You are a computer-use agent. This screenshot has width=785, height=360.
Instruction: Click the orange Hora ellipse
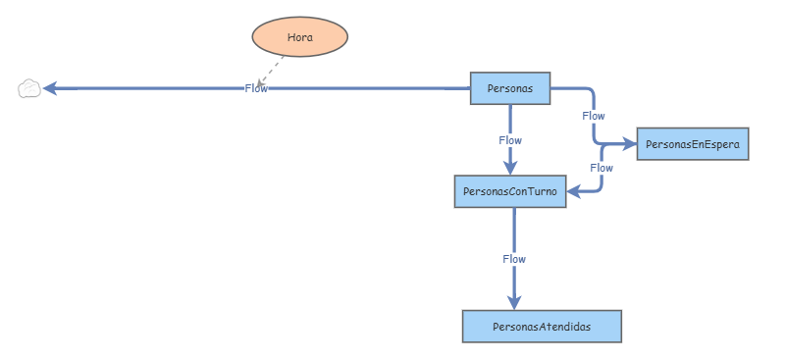click(x=300, y=37)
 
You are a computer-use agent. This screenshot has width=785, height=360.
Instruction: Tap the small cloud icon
click(x=29, y=89)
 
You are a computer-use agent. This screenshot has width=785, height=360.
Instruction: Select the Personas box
click(x=509, y=88)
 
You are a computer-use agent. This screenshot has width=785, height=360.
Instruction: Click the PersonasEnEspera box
click(x=694, y=144)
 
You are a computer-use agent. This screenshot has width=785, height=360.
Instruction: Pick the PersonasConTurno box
click(x=510, y=192)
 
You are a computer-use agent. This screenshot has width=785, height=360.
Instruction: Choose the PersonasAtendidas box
click(x=542, y=326)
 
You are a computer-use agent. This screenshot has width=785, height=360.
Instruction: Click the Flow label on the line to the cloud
click(x=256, y=88)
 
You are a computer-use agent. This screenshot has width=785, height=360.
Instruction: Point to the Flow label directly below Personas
click(x=510, y=140)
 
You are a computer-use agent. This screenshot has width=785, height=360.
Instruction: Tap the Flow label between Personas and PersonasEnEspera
click(x=594, y=116)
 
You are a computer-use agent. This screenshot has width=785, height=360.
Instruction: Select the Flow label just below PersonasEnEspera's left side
click(x=602, y=168)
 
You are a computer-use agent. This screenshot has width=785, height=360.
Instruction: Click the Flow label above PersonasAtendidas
click(x=514, y=259)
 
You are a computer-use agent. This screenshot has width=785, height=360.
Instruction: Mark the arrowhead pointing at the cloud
click(x=50, y=88)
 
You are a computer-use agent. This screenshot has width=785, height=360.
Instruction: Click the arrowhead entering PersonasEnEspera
click(x=630, y=144)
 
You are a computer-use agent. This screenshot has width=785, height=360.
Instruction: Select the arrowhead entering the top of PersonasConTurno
click(x=510, y=169)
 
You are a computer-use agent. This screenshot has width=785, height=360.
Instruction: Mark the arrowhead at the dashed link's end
click(x=260, y=81)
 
